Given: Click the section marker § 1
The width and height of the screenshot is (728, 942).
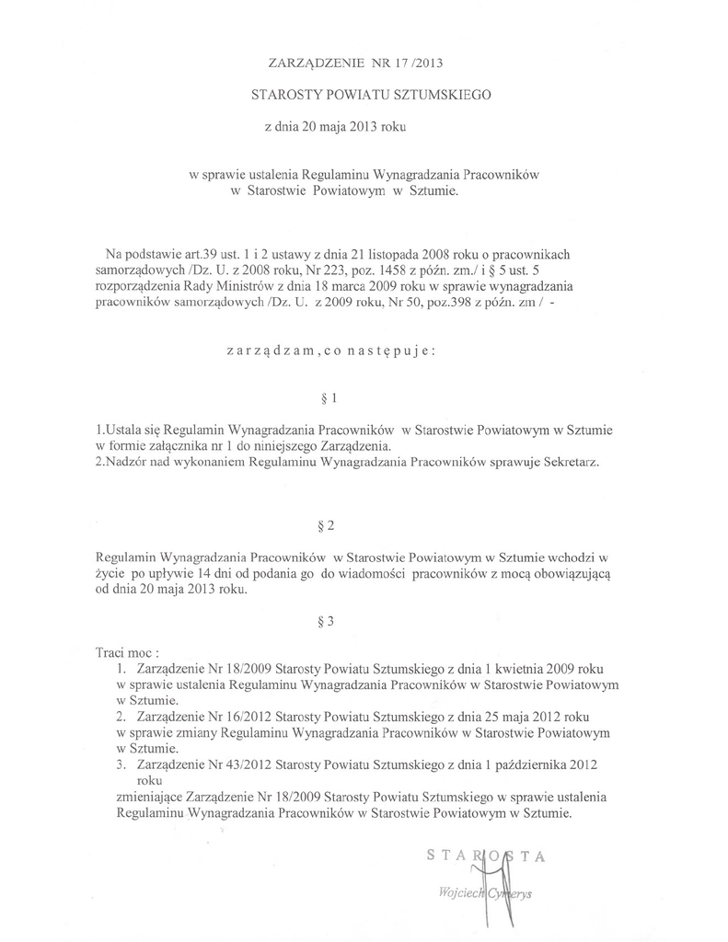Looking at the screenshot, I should click(324, 399).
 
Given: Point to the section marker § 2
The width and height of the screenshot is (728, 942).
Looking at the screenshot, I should click(324, 526).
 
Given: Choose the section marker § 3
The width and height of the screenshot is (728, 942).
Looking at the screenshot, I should click(324, 621).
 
